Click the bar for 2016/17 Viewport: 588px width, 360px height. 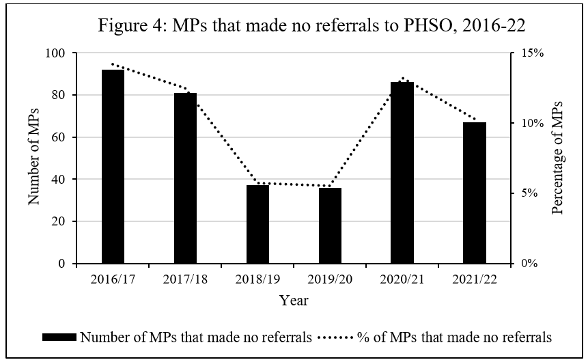(113, 167)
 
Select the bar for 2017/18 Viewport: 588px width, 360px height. (185, 178)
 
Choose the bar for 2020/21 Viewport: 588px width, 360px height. (402, 173)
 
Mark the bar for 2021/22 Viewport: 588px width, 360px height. (475, 193)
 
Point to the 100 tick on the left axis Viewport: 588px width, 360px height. (56, 53)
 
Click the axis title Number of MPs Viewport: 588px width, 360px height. (34, 158)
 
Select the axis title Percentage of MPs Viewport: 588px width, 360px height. (557, 158)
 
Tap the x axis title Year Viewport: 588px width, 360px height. (294, 301)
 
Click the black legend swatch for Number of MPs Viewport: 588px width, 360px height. (60, 337)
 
